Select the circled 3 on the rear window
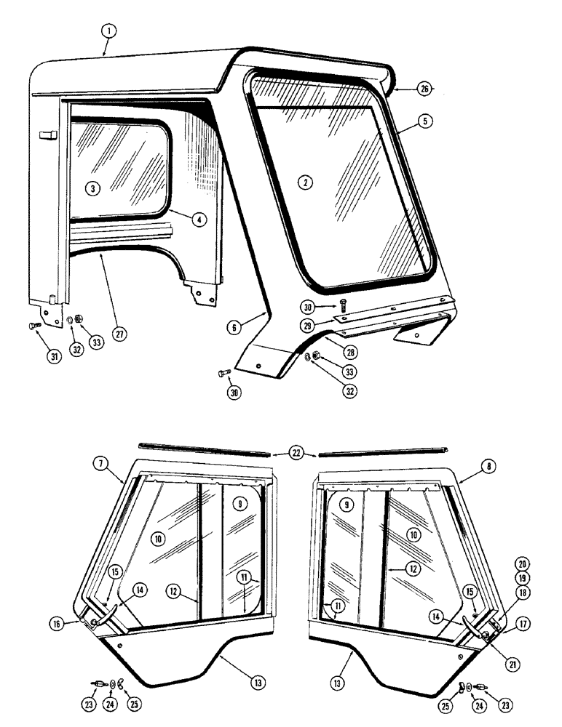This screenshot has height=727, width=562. (x=91, y=188)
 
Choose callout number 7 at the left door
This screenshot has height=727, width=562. (x=100, y=462)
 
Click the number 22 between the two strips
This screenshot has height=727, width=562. (x=295, y=454)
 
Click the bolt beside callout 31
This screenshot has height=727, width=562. (x=33, y=326)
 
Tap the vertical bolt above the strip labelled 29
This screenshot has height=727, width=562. (x=343, y=300)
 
